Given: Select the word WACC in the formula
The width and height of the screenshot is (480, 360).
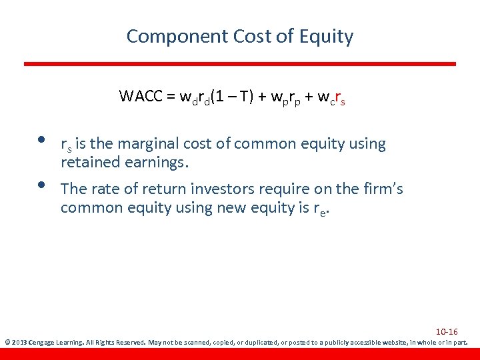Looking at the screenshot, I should click(140, 96).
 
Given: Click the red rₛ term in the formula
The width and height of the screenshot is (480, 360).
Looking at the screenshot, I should click(339, 97).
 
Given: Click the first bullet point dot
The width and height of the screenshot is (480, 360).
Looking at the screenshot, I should click(41, 140).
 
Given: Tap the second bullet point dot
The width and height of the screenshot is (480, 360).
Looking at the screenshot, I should click(41, 185).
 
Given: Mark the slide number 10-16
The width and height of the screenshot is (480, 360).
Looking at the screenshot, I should click(446, 331).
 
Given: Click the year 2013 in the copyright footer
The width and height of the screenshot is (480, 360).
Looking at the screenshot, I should click(18, 343).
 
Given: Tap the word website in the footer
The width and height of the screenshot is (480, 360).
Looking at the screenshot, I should click(383, 343).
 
